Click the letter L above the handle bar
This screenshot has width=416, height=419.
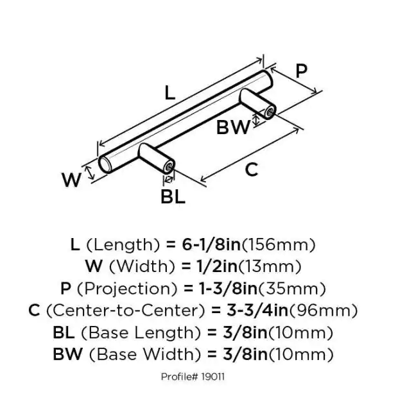coord(169,93)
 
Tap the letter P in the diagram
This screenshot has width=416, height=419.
coord(302,71)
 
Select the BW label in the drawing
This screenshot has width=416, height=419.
coord(233,127)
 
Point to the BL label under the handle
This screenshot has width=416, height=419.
coord(173,196)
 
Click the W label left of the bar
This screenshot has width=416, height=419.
coord(71,180)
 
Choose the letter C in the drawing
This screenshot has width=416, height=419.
coord(252,169)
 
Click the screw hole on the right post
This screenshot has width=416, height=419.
coord(270,112)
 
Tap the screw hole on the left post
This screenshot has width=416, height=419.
coord(169,167)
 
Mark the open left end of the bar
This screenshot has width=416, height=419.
coord(104,164)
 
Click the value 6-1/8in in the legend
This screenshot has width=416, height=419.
coord(211,244)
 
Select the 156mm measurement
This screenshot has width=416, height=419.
coord(279,244)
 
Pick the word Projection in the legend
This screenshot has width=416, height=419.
coord(127,289)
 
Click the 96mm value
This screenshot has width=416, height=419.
coord(323,311)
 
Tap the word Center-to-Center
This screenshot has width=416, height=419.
coord(126,311)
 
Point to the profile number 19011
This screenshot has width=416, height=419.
coord(212,377)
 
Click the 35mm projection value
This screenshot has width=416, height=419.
coord(292,289)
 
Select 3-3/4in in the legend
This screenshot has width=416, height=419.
coord(257,311)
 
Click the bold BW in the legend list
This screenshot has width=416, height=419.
coord(67,354)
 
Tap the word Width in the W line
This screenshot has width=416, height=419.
coord(142,267)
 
